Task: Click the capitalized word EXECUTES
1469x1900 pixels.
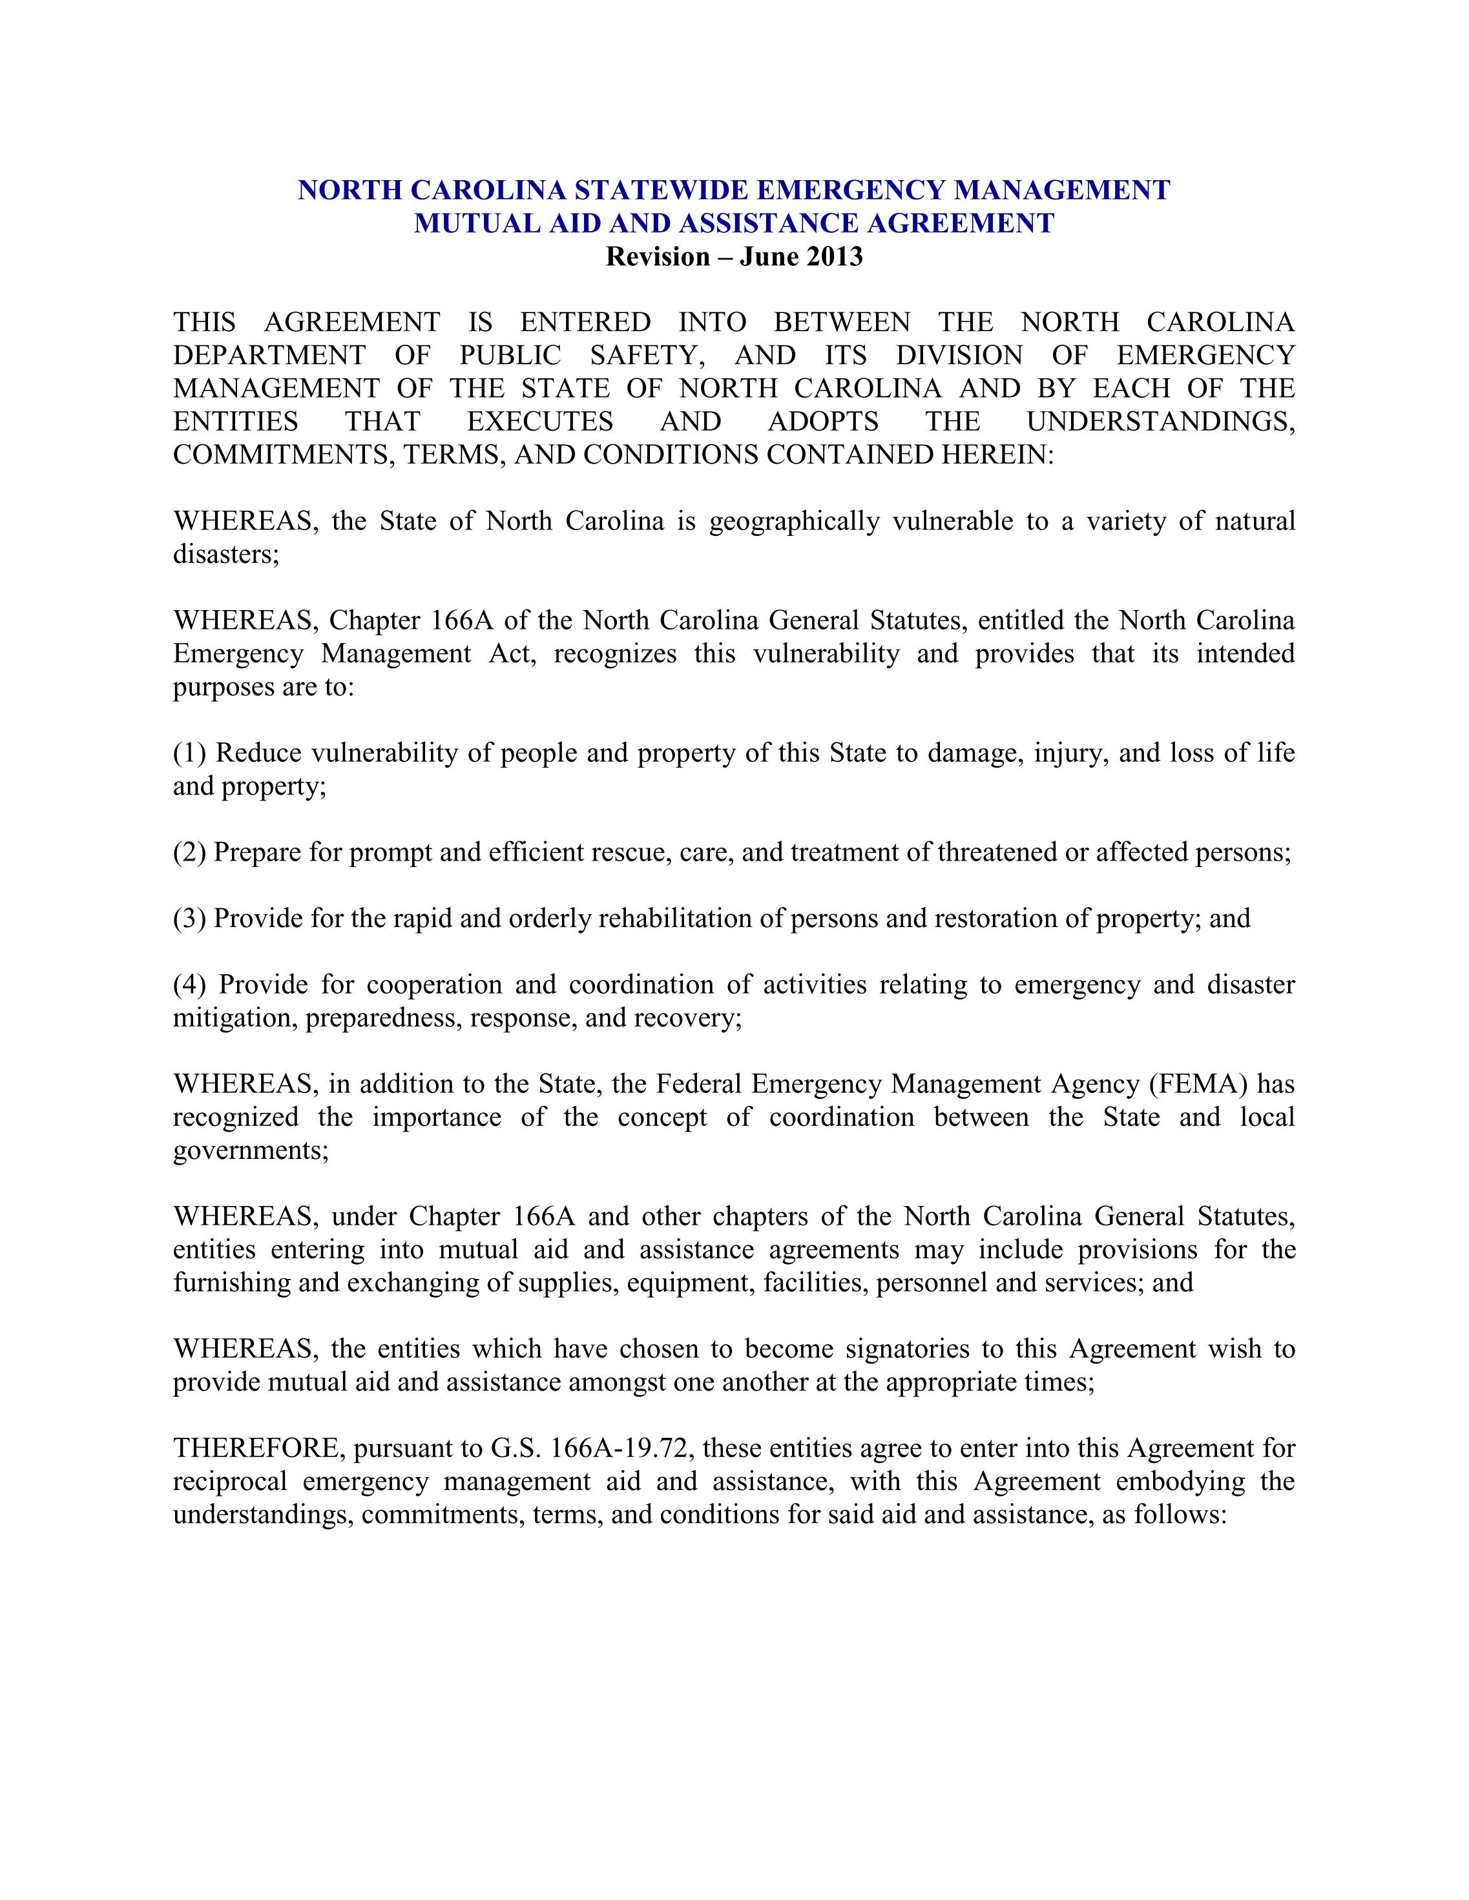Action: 539,422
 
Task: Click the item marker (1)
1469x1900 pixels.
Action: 190,753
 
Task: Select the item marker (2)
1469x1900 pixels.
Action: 190,853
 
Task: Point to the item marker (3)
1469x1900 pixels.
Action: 190,919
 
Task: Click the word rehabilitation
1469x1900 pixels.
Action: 678,919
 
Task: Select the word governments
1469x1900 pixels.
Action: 251,1151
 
